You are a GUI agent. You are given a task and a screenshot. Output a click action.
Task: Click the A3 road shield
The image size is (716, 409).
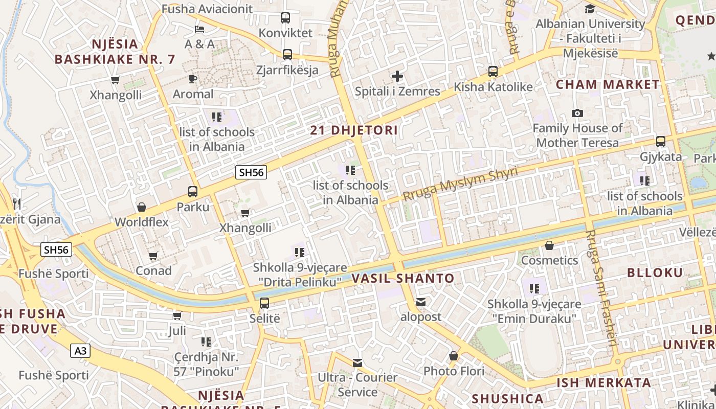[81, 351]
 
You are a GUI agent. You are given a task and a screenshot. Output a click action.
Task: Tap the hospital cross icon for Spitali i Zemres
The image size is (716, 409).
[397, 77]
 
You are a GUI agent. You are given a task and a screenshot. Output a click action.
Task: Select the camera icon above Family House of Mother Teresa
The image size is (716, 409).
[577, 113]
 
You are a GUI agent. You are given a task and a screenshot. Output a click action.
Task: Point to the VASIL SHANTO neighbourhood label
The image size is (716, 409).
[403, 279]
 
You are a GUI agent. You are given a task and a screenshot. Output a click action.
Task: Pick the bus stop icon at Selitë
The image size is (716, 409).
[264, 303]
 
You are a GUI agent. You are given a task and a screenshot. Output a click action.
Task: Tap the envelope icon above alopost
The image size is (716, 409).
[420, 302]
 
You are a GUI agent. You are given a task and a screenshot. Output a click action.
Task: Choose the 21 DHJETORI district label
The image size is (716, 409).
[354, 130]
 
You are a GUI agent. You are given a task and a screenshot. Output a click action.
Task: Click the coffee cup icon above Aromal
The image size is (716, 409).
[192, 79]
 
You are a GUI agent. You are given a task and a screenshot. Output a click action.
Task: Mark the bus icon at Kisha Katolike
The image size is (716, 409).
[493, 72]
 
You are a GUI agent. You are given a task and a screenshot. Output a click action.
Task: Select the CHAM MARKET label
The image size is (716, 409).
[608, 84]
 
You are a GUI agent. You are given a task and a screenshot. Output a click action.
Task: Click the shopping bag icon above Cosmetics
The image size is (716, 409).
[549, 245]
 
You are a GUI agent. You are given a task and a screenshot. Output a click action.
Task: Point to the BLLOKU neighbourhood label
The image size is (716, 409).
[655, 272]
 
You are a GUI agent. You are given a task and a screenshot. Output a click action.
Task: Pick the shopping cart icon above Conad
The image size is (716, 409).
[153, 256]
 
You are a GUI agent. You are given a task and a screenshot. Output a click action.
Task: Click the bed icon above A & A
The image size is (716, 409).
[199, 29]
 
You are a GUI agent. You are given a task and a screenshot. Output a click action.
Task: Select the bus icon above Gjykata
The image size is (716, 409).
[661, 142]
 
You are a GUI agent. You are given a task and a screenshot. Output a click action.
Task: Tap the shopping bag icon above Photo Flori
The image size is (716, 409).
[453, 355]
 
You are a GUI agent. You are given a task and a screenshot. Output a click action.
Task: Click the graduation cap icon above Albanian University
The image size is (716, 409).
[590, 9]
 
